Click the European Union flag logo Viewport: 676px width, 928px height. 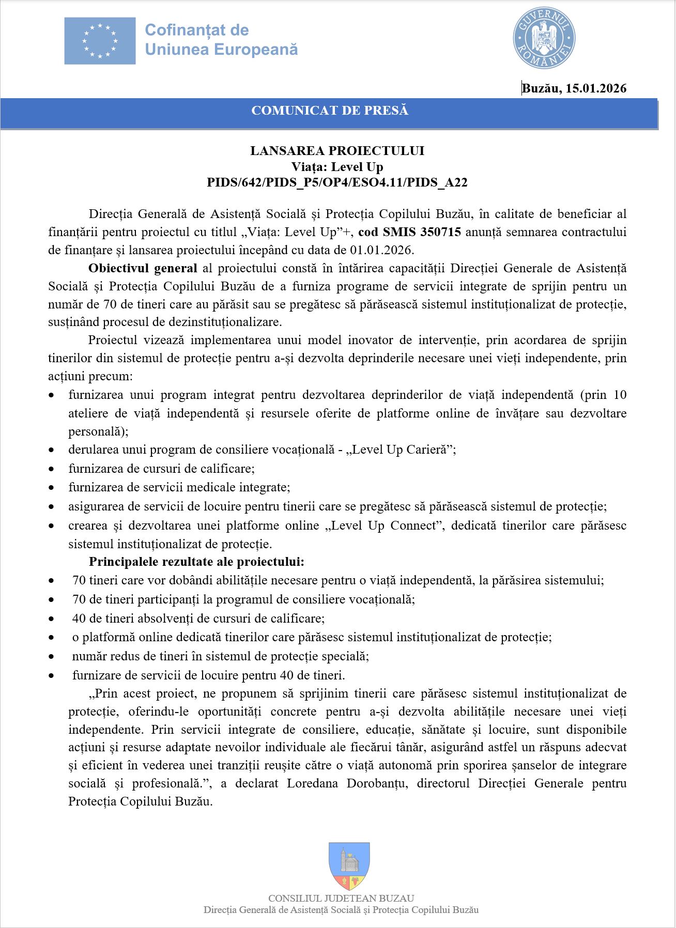coord(100,40)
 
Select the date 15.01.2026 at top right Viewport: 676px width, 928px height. coord(596,88)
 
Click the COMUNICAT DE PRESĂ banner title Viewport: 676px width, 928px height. coord(330,111)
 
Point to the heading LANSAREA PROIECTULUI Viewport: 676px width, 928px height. coord(337,151)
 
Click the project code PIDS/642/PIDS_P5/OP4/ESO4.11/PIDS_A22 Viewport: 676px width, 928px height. coord(337,182)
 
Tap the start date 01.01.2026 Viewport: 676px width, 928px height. coord(381,250)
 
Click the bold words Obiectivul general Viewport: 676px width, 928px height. coord(143,268)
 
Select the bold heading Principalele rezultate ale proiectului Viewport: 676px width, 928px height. coord(196,562)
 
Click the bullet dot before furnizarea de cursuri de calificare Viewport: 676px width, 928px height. coord(51,469)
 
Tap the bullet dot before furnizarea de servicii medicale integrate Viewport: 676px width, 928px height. coord(51,487)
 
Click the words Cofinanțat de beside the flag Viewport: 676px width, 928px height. coord(197,30)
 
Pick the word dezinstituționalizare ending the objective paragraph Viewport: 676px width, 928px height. coord(225,322)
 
